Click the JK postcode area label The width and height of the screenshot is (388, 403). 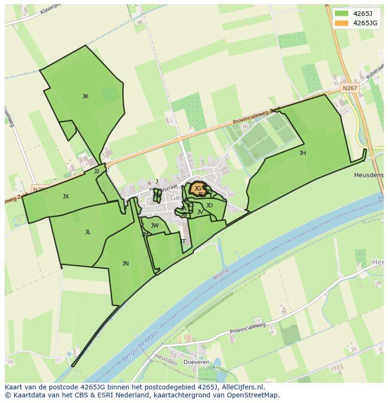pyautogui.click(x=85, y=96)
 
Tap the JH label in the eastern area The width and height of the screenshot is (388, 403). pyautogui.click(x=303, y=153)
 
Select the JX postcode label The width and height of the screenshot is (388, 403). pyautogui.click(x=66, y=197)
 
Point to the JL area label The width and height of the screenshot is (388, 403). pyautogui.click(x=88, y=232)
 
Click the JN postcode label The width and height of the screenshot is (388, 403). pyautogui.click(x=125, y=264)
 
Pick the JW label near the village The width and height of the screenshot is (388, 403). pyautogui.click(x=155, y=226)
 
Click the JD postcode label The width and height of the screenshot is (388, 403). pyautogui.click(x=209, y=205)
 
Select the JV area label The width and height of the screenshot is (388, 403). pyautogui.click(x=200, y=212)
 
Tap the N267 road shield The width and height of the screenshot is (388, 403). pyautogui.click(x=350, y=88)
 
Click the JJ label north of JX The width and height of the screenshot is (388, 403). pyautogui.click(x=97, y=171)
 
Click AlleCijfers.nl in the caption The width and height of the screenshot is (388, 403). pyautogui.click(x=244, y=387)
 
